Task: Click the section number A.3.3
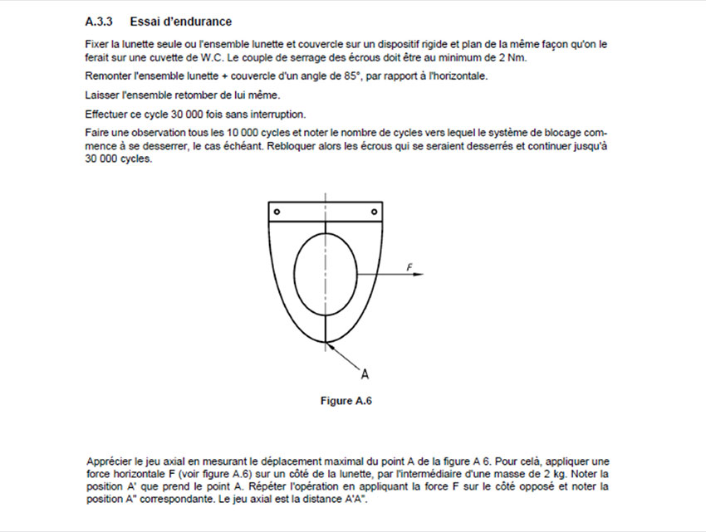(x=100, y=21)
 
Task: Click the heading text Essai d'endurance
(x=181, y=21)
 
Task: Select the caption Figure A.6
(x=346, y=402)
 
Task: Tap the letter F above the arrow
(x=409, y=266)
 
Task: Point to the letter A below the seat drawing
(x=365, y=373)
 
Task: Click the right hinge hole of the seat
(x=375, y=212)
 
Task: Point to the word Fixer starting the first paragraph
(x=97, y=44)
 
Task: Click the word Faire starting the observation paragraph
(x=97, y=133)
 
